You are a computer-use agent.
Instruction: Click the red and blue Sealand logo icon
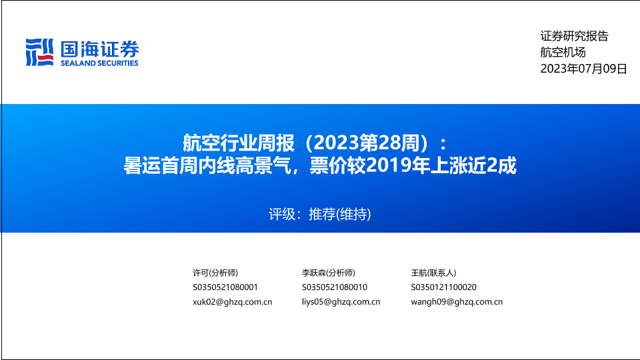coord(39,52)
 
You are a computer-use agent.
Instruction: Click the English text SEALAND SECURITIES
coord(99,63)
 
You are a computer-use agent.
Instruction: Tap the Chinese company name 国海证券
coord(99,49)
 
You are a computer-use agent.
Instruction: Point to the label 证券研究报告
coord(574,36)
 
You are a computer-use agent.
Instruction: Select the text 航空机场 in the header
coord(563,52)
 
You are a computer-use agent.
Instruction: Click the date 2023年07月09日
coord(584,68)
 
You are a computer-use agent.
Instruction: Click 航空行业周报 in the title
coord(239,143)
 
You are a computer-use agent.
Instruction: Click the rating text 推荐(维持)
coord(339,214)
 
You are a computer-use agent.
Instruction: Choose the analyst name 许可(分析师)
coord(215,273)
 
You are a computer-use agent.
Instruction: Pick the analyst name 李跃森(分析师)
coord(329,273)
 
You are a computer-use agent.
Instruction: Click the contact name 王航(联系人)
coord(433,273)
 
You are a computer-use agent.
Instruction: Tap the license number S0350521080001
coord(225,287)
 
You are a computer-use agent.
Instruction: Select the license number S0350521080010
coord(335,287)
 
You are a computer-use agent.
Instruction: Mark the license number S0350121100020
coord(444,287)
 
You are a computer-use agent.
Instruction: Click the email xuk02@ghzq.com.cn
coord(232,302)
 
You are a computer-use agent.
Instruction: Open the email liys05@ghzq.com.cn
coord(341,302)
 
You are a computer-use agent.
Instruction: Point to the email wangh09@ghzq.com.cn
coord(457,302)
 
